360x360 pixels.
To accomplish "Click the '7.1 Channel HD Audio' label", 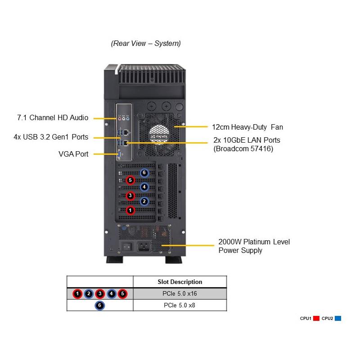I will pyautogui.click(x=53, y=118).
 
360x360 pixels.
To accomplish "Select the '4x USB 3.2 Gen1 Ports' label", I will pyautogui.click(x=51, y=137).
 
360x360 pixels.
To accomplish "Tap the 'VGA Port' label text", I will pyautogui.click(x=73, y=154).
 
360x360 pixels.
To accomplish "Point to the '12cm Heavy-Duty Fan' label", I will pyautogui.click(x=247, y=127).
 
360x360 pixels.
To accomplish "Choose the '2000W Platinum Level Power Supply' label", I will pyautogui.click(x=254, y=246).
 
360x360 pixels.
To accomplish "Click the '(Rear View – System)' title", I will pyautogui.click(x=146, y=44).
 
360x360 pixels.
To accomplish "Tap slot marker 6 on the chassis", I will pyautogui.click(x=144, y=172).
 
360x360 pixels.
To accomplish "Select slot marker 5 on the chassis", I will pyautogui.click(x=130, y=180).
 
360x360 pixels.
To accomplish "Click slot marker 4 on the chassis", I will pyautogui.click(x=144, y=187).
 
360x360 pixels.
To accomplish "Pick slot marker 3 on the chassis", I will pyautogui.click(x=130, y=195).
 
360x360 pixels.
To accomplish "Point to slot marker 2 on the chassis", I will pyautogui.click(x=144, y=202).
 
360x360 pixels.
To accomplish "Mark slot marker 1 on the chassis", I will pyautogui.click(x=130, y=210).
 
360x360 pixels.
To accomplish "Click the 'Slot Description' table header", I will pyautogui.click(x=180, y=282).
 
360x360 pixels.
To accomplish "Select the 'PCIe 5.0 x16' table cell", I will pyautogui.click(x=180, y=294).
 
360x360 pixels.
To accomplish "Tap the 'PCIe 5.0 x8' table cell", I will pyautogui.click(x=180, y=305).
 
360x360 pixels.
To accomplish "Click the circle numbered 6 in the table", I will pyautogui.click(x=100, y=305).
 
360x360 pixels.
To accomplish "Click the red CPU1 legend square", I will pyautogui.click(x=316, y=319).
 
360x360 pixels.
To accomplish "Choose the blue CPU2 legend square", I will pyautogui.click(x=338, y=319).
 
